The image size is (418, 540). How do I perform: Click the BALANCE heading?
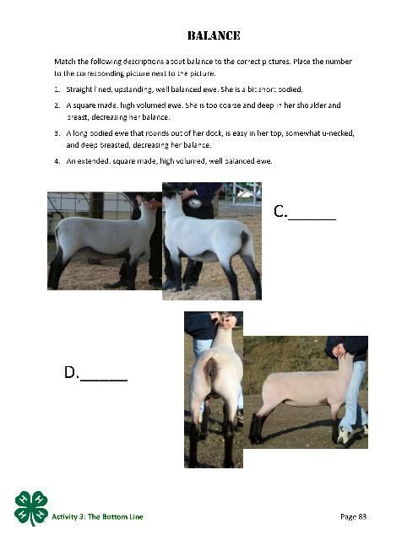214,35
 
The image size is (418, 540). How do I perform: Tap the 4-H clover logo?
31,508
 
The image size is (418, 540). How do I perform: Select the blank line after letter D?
104,380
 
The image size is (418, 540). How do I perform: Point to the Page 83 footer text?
353,516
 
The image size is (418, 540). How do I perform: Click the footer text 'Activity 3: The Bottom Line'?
97,516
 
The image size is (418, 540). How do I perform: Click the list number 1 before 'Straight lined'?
57,89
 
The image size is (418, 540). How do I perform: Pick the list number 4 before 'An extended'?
57,161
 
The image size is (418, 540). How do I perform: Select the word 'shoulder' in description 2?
309,105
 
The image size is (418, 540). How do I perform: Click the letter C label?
280,211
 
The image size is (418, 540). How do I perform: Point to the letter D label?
71,372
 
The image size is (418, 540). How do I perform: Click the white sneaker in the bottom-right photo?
345,435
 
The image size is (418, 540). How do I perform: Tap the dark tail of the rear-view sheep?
211,368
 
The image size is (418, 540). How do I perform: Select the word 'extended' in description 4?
94,161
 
